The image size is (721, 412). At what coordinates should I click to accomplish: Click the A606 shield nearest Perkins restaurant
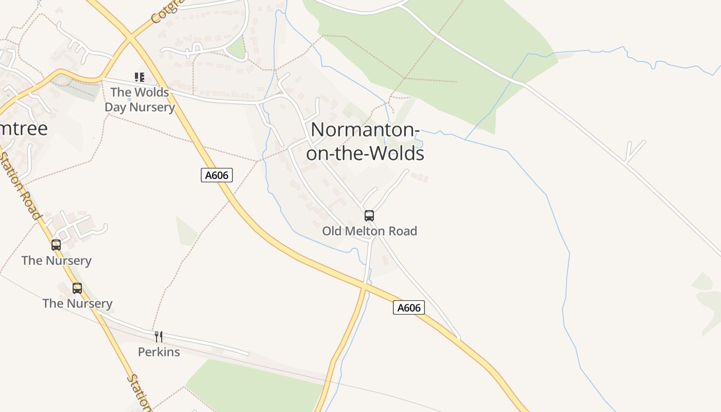409,308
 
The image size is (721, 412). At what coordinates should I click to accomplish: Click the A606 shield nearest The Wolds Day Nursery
216,175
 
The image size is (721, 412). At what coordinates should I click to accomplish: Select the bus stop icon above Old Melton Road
369,216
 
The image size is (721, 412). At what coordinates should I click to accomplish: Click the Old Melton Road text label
369,231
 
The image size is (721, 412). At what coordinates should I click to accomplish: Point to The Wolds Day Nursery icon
140,77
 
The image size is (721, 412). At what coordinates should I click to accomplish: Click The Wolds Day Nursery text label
140,100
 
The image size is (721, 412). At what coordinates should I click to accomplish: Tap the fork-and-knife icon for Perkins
159,337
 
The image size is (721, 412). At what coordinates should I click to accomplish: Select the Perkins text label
159,352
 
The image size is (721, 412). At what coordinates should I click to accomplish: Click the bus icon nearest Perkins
77,288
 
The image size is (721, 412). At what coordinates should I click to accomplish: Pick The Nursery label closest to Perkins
77,303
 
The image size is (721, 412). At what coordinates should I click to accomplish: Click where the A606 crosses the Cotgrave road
130,38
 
